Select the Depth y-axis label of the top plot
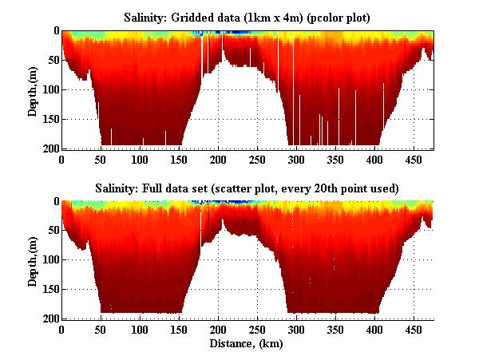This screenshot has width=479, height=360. coord(33,89)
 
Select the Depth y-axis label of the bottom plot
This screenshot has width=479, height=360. coord(33,260)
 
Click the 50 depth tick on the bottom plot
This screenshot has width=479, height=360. coord(51,231)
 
